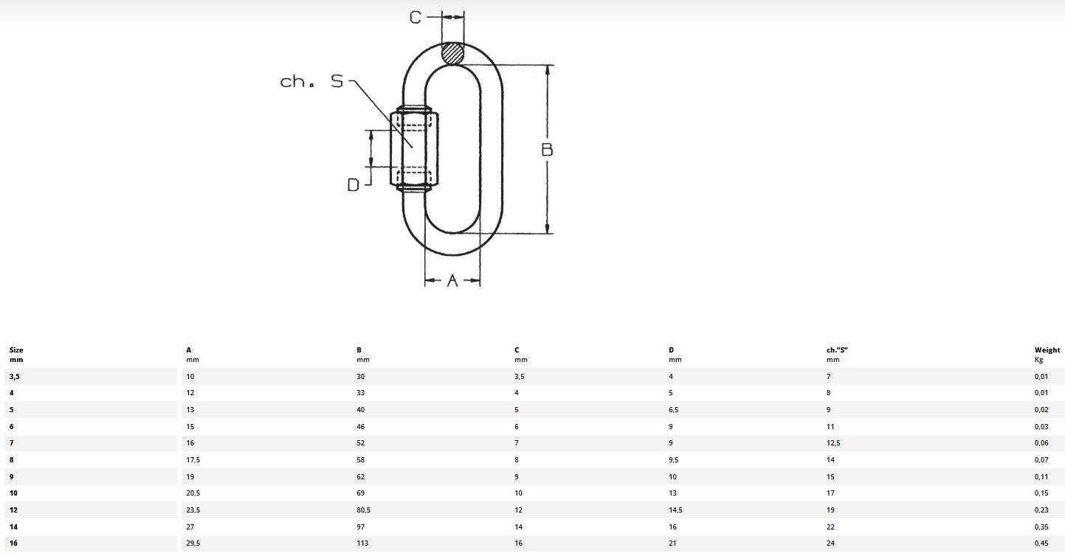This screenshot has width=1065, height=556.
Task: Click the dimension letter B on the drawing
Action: click(x=547, y=150)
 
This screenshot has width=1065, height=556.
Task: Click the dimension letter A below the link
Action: click(x=452, y=281)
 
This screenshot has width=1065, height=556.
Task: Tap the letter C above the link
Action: click(x=415, y=18)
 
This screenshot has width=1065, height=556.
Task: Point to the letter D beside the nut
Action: click(x=354, y=185)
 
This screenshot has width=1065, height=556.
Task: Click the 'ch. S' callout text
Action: click(x=311, y=81)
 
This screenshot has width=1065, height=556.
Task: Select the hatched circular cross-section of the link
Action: click(x=452, y=54)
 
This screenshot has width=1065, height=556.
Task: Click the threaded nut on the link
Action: click(x=414, y=148)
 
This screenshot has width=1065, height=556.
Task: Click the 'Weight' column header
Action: click(x=1047, y=350)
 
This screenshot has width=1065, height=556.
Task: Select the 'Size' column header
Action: click(x=16, y=350)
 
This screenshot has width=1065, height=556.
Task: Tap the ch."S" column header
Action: click(x=837, y=350)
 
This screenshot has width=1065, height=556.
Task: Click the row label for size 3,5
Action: click(x=14, y=377)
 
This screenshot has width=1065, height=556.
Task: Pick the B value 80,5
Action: click(x=364, y=510)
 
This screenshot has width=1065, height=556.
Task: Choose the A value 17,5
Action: click(x=193, y=460)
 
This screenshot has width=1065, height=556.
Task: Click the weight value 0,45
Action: click(x=1041, y=543)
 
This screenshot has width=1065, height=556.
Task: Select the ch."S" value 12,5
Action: click(x=833, y=443)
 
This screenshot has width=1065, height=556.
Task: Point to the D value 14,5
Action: click(x=675, y=510)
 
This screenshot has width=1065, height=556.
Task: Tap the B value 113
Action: click(x=362, y=543)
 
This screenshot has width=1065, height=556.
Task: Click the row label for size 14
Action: click(x=13, y=527)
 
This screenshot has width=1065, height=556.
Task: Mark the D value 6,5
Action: click(x=673, y=410)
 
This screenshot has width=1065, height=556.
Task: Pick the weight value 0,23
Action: click(x=1041, y=510)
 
